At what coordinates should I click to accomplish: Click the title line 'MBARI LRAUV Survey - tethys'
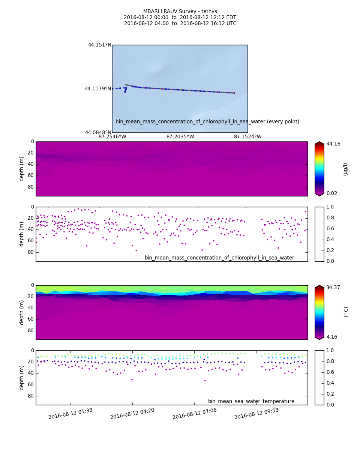click(x=180, y=12)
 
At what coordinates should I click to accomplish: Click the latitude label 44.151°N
click(x=99, y=45)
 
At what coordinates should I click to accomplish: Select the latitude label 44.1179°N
click(x=98, y=89)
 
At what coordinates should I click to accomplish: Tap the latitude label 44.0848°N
click(x=98, y=133)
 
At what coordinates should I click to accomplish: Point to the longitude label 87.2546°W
click(x=112, y=137)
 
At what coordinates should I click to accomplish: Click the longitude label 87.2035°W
click(x=180, y=137)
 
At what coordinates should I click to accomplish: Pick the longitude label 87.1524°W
click(x=248, y=137)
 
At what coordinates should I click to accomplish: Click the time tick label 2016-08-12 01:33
click(x=70, y=414)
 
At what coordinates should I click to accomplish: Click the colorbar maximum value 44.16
click(x=333, y=144)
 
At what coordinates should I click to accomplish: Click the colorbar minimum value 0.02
click(x=332, y=193)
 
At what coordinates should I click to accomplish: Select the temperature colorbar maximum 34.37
click(x=333, y=288)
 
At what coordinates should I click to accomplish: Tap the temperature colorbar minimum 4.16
click(x=332, y=337)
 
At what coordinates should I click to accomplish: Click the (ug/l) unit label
click(x=345, y=169)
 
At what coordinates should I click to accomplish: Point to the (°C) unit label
click(x=346, y=312)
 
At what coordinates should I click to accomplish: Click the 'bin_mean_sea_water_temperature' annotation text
click(x=251, y=402)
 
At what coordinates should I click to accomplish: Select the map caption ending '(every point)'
click(x=207, y=122)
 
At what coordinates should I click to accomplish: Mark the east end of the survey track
click(x=235, y=93)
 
